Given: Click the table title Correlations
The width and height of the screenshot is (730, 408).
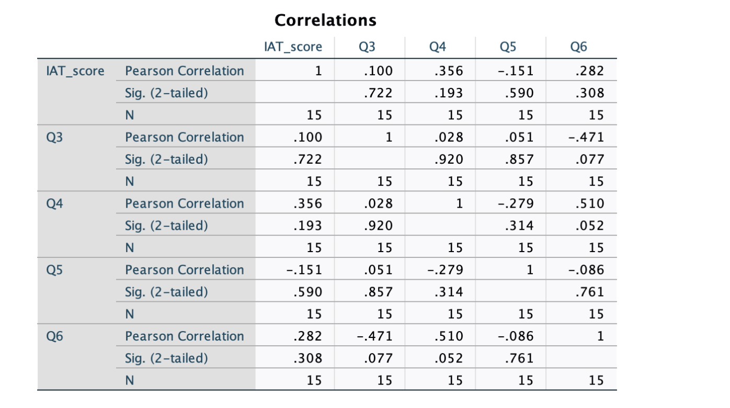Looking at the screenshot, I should click(325, 20).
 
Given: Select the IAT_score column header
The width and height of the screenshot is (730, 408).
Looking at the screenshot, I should click(293, 47).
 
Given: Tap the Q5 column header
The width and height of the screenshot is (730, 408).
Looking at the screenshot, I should click(507, 47).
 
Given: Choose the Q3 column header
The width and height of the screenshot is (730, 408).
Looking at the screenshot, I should click(367, 47).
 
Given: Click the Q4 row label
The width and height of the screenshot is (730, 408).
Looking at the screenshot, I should click(54, 203).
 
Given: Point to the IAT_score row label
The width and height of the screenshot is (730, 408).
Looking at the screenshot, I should click(75, 71).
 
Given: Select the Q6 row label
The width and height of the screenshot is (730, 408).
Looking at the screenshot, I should click(54, 336).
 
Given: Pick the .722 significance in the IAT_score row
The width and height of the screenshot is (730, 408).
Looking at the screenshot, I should click(378, 93).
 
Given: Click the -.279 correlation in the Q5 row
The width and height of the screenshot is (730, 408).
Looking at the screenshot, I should click(444, 270).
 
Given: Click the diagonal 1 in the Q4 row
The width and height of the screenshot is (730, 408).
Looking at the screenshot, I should click(459, 203).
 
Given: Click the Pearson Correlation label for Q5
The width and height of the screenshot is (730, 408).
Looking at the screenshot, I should click(184, 270).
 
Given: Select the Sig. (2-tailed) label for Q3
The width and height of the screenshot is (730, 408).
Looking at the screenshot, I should click(166, 160).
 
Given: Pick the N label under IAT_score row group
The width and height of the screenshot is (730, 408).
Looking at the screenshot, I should click(129, 115).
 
